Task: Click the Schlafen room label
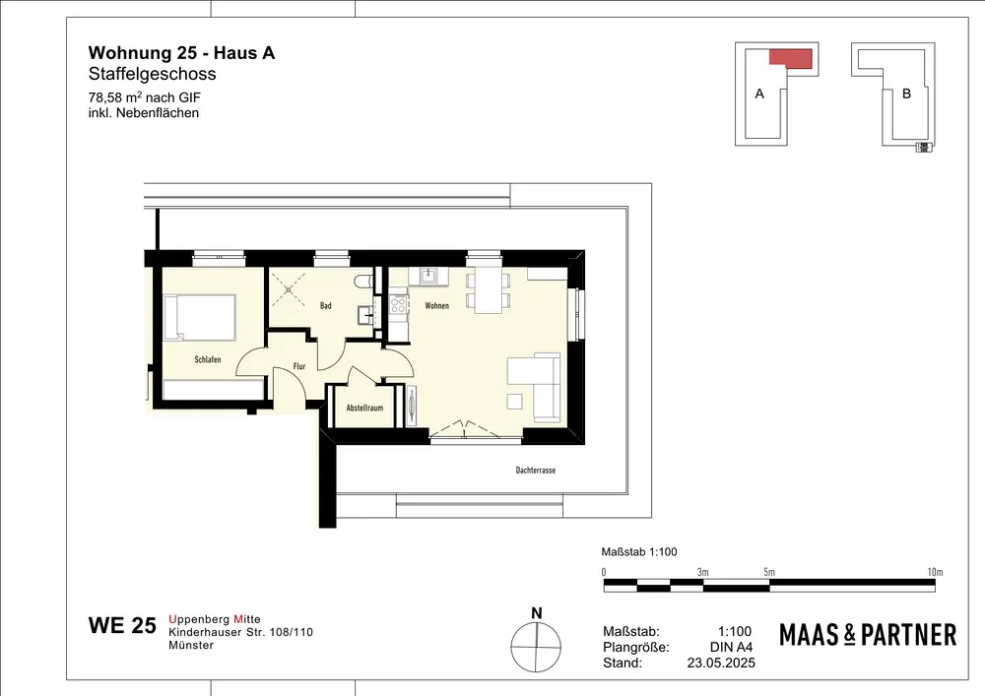pos(207,359)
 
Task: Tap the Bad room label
pos(325,305)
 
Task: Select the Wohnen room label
pos(436,305)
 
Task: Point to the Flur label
pos(299,366)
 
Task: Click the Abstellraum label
pos(364,408)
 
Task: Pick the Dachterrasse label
pos(535,470)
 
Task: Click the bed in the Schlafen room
pos(200,318)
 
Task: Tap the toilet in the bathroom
pos(363,282)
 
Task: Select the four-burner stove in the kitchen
pos(398,305)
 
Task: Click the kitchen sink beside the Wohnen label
pos(428,277)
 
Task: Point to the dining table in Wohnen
pos(488,290)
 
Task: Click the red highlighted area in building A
pos(791,59)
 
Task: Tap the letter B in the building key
pos(906,94)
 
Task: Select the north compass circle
pos(536,647)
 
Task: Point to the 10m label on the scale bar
pos(935,572)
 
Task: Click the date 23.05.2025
pos(721,663)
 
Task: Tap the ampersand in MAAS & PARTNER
pos(849,635)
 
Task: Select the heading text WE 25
pos(122,625)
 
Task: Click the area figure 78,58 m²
pos(115,97)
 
